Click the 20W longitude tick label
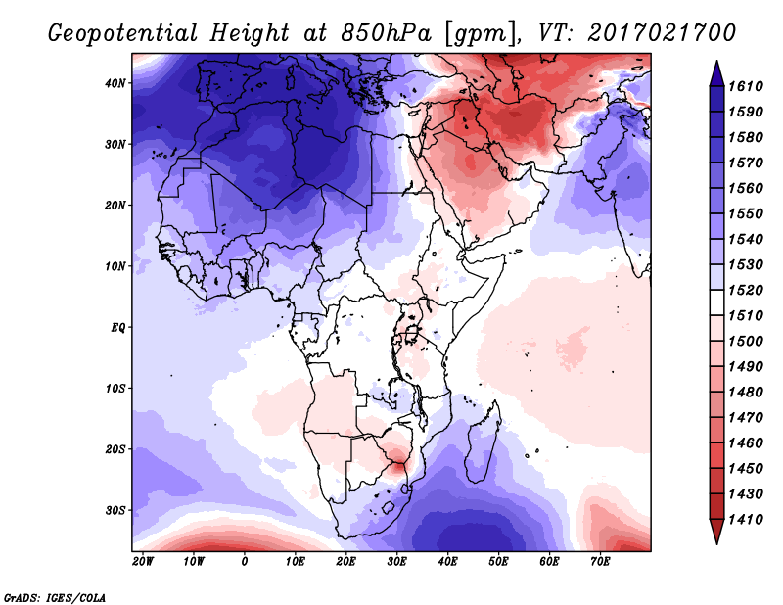[143, 562]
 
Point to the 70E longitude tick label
[601, 562]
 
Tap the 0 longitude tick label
[245, 562]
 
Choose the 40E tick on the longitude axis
[448, 562]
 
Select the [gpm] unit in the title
[473, 33]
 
